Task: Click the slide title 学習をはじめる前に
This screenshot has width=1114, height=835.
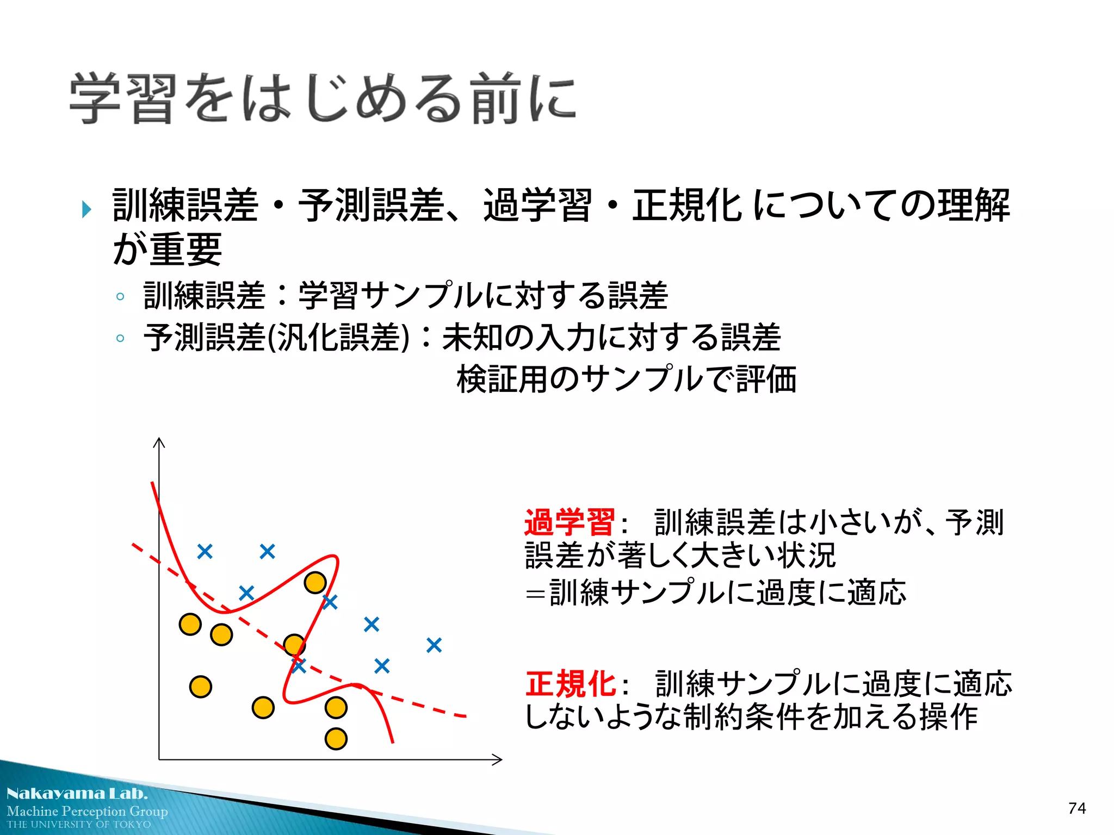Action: click(322, 99)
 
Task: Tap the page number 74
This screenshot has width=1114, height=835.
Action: click(1076, 808)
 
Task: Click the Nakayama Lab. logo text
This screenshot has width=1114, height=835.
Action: click(77, 793)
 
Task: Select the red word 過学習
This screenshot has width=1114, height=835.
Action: click(569, 522)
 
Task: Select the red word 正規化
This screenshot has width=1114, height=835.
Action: click(570, 684)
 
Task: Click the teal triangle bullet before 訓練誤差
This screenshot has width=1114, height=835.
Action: click(86, 209)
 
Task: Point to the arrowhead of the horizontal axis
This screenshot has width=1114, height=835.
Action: click(498, 759)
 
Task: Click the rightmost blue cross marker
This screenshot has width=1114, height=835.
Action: click(434, 645)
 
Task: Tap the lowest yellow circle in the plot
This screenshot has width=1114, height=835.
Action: click(336, 739)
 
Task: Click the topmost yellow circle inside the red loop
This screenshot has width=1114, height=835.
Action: click(315, 582)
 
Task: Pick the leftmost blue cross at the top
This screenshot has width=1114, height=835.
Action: click(205, 552)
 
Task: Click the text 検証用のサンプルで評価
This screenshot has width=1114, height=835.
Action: click(626, 379)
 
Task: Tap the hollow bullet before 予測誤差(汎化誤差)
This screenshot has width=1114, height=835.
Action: click(120, 338)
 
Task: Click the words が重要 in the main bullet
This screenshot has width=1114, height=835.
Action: click(168, 249)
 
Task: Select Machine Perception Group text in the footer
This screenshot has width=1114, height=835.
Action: click(87, 811)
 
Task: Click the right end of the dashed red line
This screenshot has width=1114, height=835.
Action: click(465, 716)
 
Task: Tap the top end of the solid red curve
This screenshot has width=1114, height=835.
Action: click(152, 483)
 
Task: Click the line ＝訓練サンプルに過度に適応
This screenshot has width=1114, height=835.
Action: click(715, 593)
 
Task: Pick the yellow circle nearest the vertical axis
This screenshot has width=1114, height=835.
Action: click(190, 624)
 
